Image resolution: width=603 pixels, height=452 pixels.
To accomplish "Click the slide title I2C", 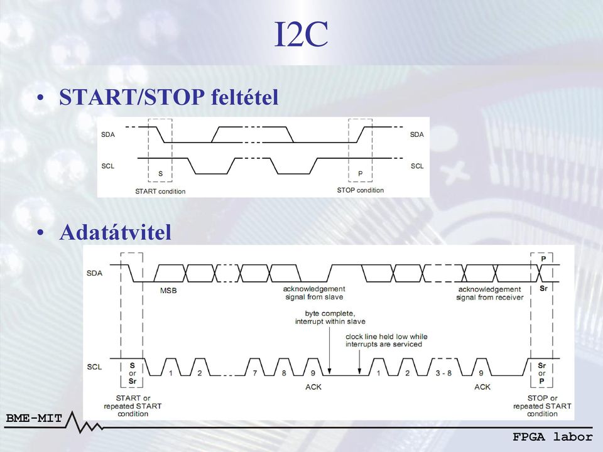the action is point(301,34).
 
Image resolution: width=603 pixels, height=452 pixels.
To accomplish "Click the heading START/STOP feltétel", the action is point(168,97).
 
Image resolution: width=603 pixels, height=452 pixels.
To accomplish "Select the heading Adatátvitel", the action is point(116,232).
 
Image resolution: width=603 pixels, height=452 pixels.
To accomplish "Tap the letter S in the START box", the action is point(161,174).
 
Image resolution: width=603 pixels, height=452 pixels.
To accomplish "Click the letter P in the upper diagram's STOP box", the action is point(361,174).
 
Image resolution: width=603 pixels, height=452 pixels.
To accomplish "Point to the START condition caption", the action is point(160,191).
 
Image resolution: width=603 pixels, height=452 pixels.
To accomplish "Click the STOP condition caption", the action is point(361,190).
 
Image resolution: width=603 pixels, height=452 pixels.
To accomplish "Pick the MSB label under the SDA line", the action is point(168,291).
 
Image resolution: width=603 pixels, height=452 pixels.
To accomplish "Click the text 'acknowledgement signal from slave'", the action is point(314,293).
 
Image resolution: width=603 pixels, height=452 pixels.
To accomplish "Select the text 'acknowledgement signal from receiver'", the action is point(489,293).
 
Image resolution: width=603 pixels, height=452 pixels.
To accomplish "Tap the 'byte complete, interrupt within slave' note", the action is point(330,318).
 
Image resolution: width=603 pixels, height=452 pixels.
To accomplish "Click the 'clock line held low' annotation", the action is point(386,340).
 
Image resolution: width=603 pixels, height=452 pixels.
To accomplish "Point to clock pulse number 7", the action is point(255,373).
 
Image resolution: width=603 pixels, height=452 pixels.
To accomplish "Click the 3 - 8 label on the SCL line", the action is point(443,373).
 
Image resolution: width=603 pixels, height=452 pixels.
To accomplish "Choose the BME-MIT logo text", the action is point(34,418).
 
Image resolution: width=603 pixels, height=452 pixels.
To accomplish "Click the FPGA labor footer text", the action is point(553,437).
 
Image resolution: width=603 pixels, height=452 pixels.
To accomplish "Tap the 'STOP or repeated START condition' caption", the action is point(542,406).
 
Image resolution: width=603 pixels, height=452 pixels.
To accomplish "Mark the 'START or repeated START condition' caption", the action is point(133,406).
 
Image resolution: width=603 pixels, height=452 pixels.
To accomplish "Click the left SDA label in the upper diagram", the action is point(108,134).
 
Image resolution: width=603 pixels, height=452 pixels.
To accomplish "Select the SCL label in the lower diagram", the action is point(94,367).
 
